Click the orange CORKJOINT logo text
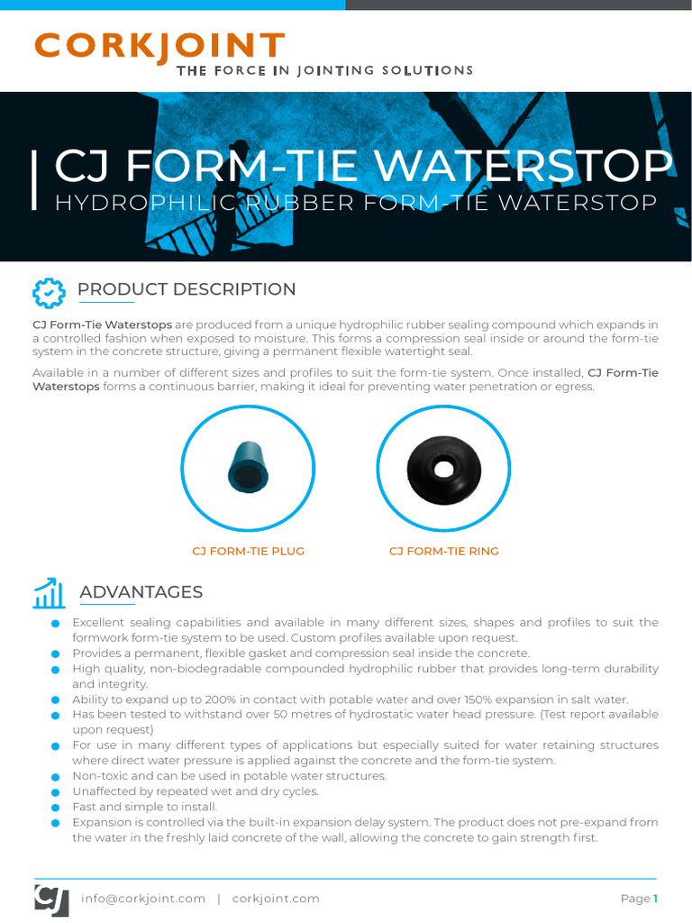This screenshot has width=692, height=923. tap(159, 47)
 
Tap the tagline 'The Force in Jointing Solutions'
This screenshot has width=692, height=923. tap(324, 70)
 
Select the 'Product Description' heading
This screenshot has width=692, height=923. tap(187, 289)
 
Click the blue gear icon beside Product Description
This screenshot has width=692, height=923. tap(49, 292)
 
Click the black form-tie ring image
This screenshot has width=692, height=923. tap(442, 467)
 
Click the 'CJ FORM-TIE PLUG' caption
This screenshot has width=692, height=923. tap(249, 551)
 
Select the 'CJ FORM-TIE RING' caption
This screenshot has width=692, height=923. tap(443, 551)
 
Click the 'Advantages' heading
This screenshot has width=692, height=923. tap(141, 592)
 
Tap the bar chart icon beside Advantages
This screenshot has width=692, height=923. tap(49, 593)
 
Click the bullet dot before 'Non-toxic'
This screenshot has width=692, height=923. tap(56, 777)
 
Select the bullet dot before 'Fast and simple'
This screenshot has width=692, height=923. tap(56, 808)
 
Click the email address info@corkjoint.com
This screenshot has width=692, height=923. tap(143, 899)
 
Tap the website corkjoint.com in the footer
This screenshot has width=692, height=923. tap(276, 899)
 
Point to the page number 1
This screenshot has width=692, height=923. tap(656, 899)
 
